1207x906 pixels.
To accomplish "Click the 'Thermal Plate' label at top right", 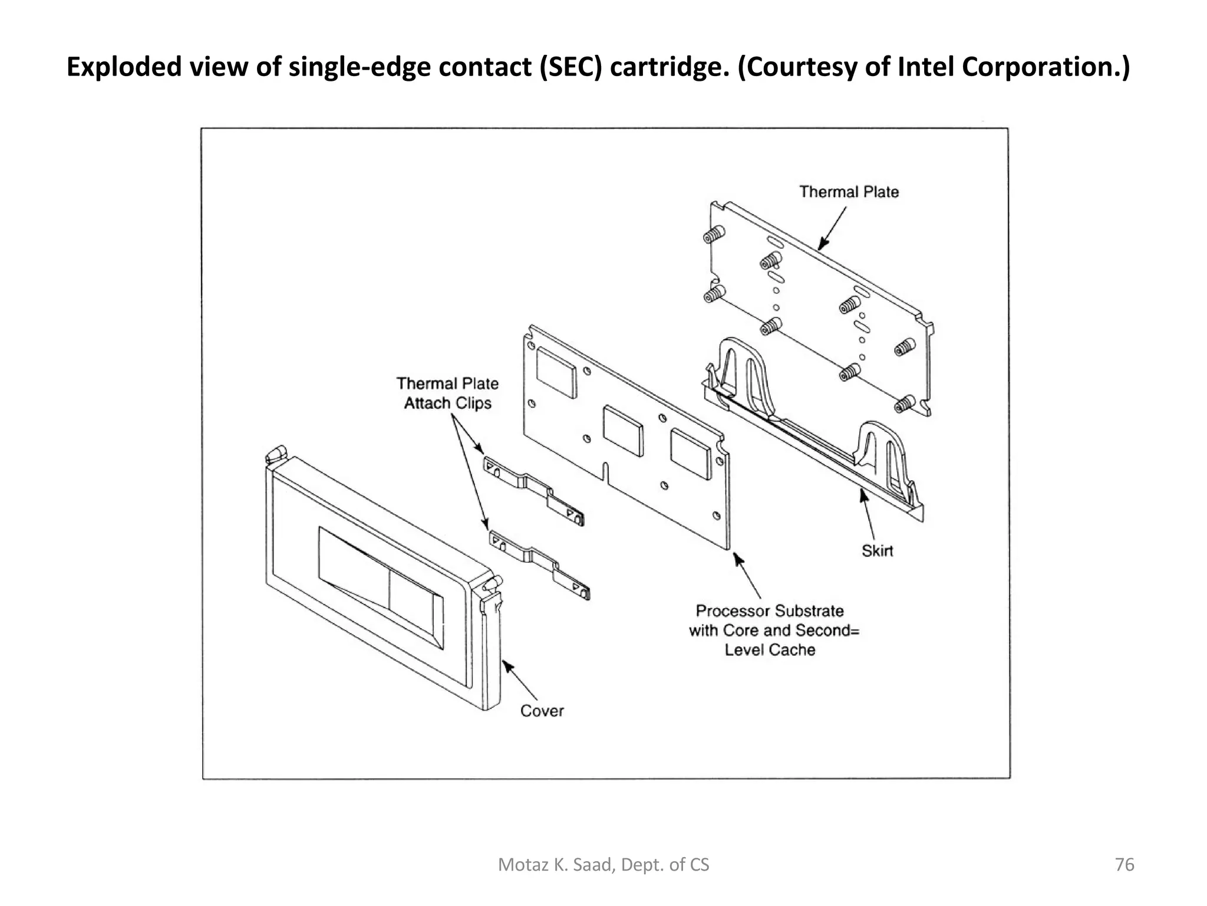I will pyautogui.click(x=849, y=192).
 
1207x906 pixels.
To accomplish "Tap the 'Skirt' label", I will pyautogui.click(x=877, y=551).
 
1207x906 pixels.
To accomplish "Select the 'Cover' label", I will pyautogui.click(x=542, y=711).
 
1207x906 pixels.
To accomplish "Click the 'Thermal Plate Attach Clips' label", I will pyautogui.click(x=447, y=393).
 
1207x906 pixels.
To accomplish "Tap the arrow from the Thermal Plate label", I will pyautogui.click(x=832, y=227).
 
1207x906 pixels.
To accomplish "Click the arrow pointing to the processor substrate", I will pyautogui.click(x=747, y=575).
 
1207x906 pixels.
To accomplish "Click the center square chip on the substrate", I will pyautogui.click(x=623, y=431).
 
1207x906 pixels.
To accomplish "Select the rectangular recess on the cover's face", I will pyautogui.click(x=381, y=587).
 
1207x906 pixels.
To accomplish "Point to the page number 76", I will pyautogui.click(x=1124, y=865).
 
